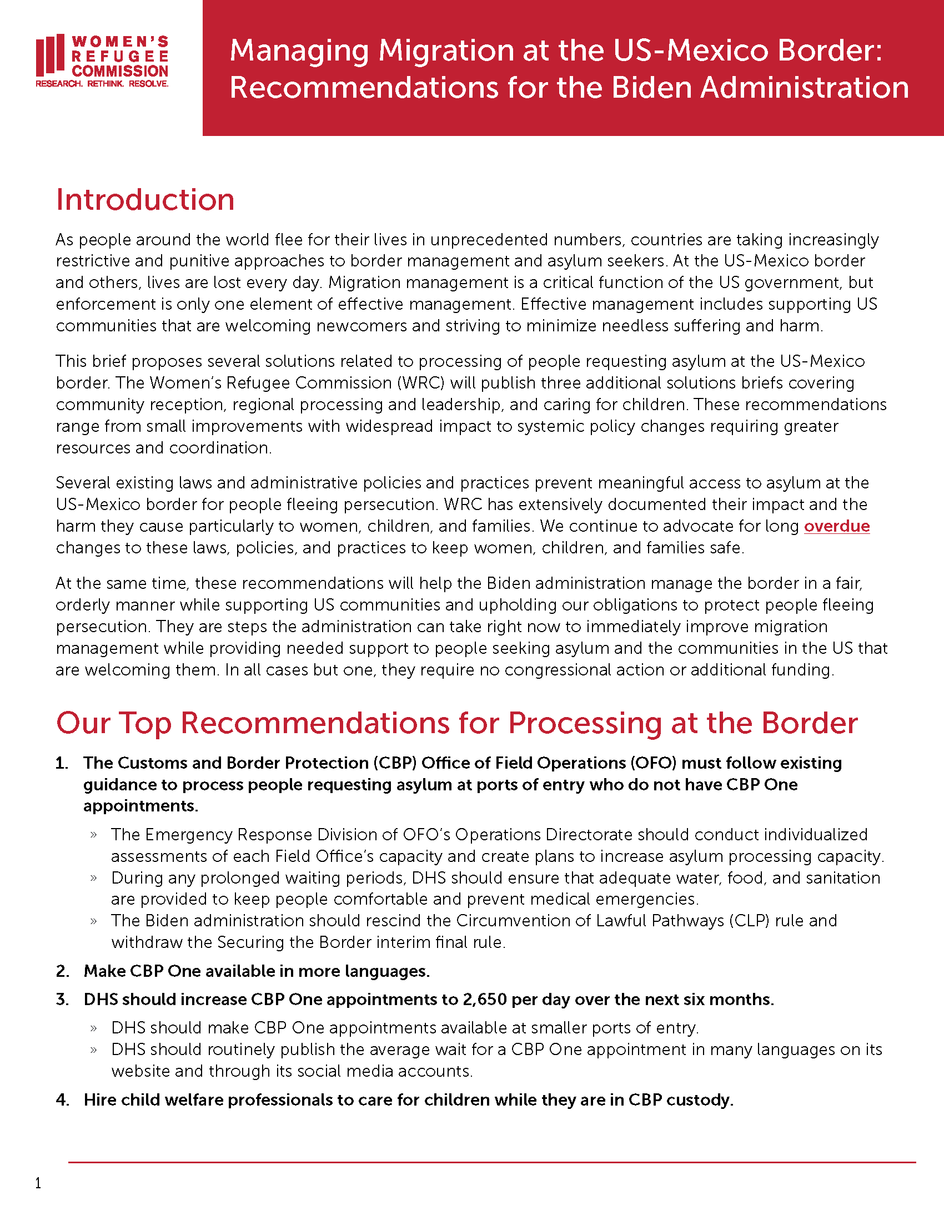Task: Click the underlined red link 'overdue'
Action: [x=837, y=526]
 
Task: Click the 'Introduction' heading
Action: [x=145, y=200]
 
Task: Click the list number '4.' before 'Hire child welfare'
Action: [x=63, y=1099]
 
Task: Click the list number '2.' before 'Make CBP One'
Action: [x=63, y=971]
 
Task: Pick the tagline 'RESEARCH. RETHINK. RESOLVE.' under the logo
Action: [x=102, y=84]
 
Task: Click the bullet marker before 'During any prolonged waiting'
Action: [x=94, y=879]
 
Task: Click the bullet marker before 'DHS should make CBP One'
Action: [x=94, y=1028]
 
